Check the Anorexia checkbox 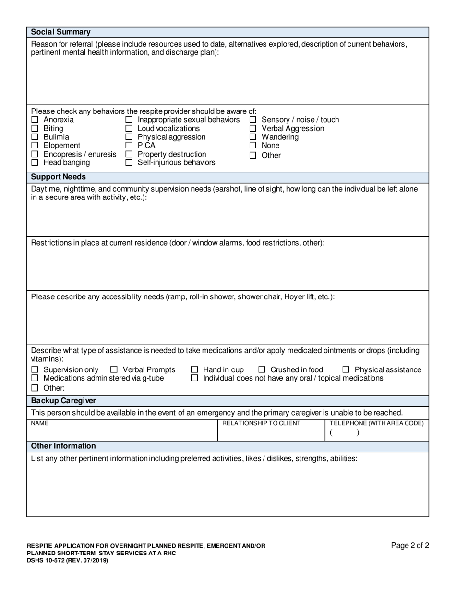click(x=35, y=120)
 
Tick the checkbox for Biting click(x=35, y=129)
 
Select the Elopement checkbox click(x=35, y=146)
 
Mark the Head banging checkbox click(x=35, y=163)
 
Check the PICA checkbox click(x=129, y=146)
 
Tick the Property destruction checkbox click(x=129, y=154)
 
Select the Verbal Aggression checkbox click(x=253, y=129)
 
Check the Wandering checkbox click(x=253, y=137)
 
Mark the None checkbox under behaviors click(x=253, y=146)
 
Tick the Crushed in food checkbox click(x=262, y=370)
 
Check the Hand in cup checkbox click(x=194, y=370)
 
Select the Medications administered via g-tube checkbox click(x=35, y=379)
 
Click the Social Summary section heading click(x=60, y=32)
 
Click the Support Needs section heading click(x=59, y=177)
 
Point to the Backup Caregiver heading click(x=63, y=401)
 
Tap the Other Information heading click(x=63, y=446)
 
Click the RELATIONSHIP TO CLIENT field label click(x=261, y=423)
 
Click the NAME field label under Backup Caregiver click(x=40, y=423)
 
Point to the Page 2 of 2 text click(x=410, y=545)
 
